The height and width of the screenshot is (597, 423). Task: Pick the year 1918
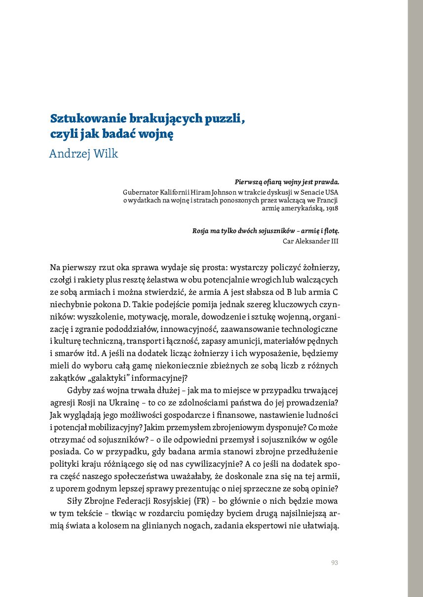[x=332, y=208]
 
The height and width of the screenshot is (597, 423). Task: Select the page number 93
[x=334, y=562]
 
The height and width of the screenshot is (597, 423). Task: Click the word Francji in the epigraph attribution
[x=328, y=200]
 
